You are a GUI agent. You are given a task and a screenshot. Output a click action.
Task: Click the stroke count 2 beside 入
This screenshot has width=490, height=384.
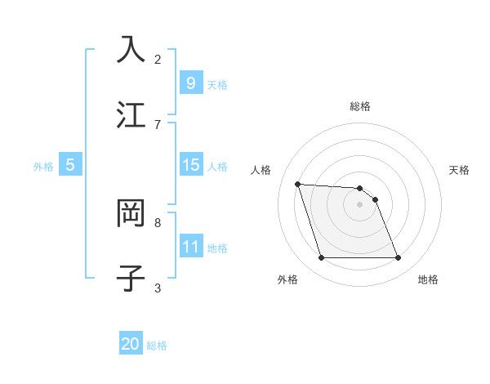pyautogui.click(x=158, y=59)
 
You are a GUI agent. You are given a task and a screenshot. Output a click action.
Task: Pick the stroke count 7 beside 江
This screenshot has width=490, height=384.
pyautogui.click(x=158, y=124)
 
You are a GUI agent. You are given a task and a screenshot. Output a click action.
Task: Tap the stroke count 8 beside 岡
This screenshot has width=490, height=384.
pyautogui.click(x=158, y=222)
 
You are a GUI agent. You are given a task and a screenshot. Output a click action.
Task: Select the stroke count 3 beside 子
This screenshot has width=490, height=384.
pyautogui.click(x=158, y=288)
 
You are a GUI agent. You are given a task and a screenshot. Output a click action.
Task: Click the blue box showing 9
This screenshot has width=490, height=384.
pyautogui.click(x=190, y=83)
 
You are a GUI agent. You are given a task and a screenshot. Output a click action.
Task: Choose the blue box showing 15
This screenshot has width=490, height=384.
pyautogui.click(x=190, y=166)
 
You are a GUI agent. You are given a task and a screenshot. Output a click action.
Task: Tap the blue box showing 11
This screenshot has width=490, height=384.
pyautogui.click(x=190, y=247)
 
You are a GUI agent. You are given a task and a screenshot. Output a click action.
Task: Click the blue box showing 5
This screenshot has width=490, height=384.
pyautogui.click(x=70, y=165)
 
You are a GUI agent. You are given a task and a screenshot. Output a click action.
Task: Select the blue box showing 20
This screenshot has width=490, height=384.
pyautogui.click(x=130, y=344)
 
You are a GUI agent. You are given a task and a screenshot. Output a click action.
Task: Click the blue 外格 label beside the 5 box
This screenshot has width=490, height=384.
pyautogui.click(x=43, y=167)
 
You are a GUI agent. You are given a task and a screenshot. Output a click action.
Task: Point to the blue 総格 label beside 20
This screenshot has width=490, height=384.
pyautogui.click(x=157, y=346)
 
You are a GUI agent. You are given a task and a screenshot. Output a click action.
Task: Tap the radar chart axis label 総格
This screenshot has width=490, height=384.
pyautogui.click(x=360, y=106)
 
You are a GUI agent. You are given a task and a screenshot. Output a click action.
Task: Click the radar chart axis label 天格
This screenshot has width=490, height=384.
pyautogui.click(x=460, y=170)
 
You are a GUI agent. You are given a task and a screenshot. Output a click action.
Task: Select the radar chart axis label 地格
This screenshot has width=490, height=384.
pyautogui.click(x=428, y=279)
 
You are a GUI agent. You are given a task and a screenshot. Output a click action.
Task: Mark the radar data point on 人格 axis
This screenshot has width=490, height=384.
pyautogui.click(x=297, y=184)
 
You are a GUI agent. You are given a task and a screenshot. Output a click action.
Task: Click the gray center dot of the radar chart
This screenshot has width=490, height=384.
pyautogui.click(x=360, y=205)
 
